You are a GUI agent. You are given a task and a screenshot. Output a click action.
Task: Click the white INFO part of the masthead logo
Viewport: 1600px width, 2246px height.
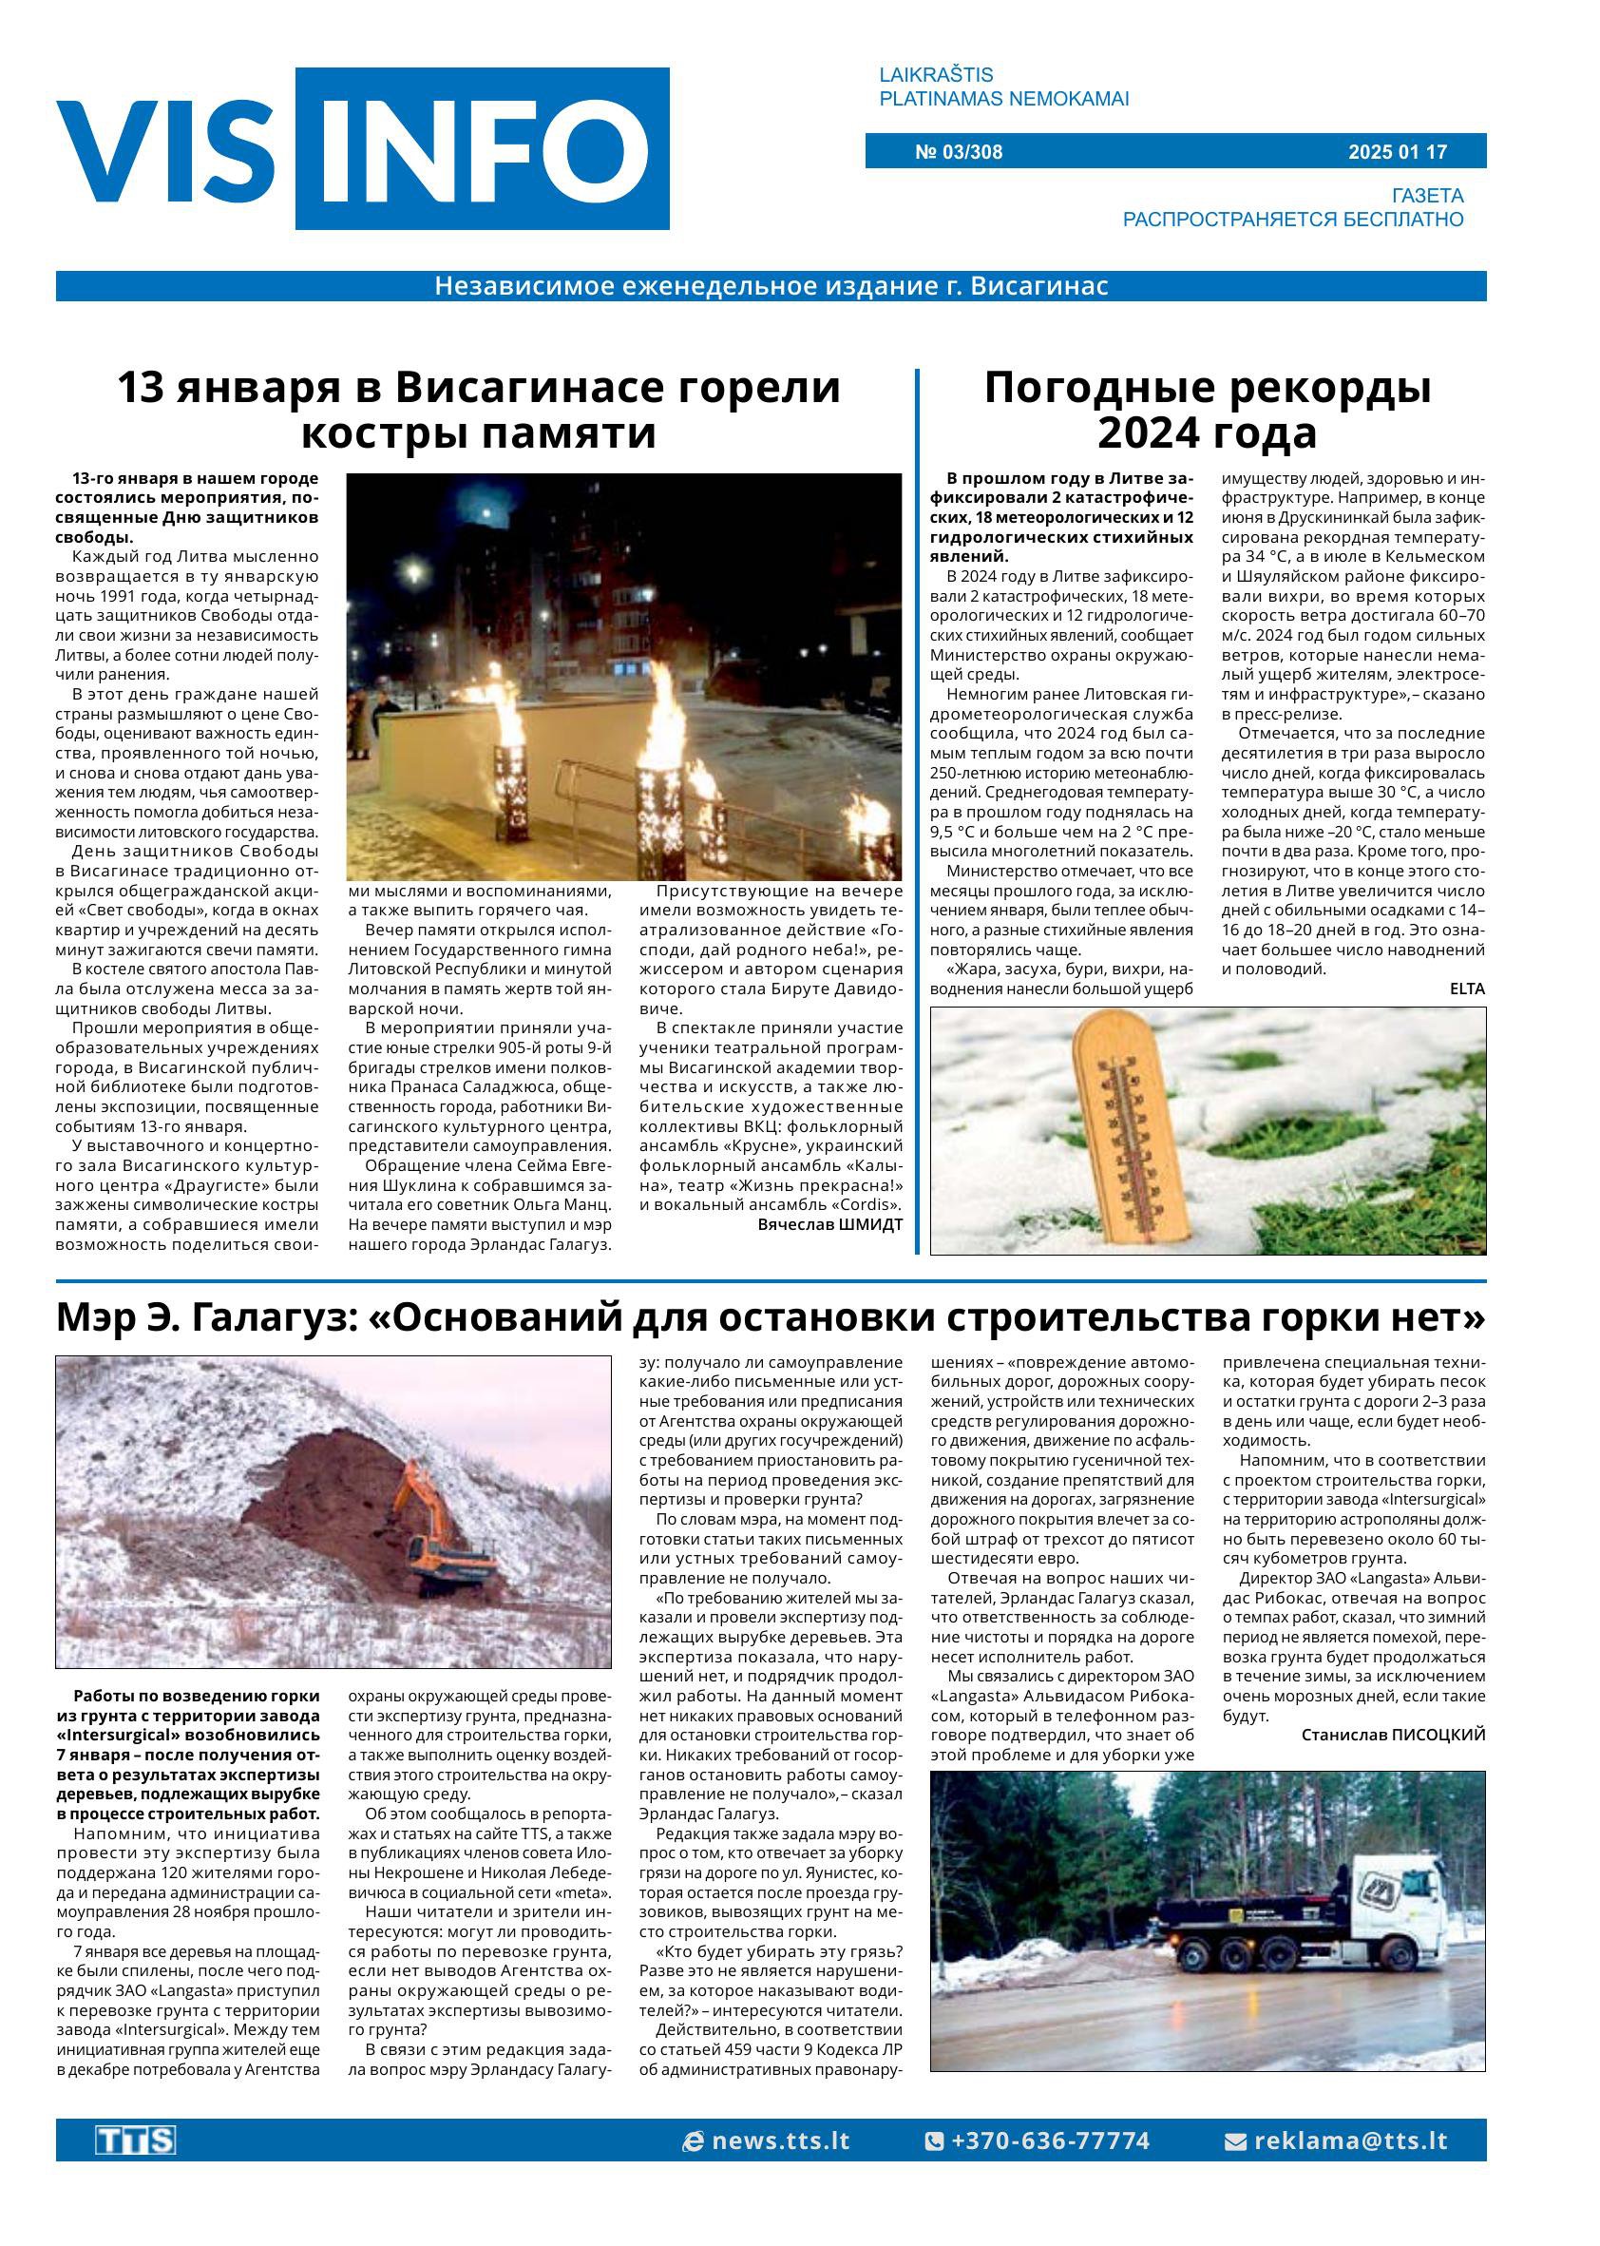pos(483,150)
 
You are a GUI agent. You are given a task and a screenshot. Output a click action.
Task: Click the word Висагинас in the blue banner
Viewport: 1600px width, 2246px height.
pos(1039,286)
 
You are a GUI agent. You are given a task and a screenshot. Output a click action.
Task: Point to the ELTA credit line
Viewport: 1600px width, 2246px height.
pos(1466,989)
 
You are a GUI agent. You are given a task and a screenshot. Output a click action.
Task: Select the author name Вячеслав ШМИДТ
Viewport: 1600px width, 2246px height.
pos(829,1224)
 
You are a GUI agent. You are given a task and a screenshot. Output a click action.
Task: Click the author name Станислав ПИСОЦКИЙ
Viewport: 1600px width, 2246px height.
pos(1392,1735)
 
